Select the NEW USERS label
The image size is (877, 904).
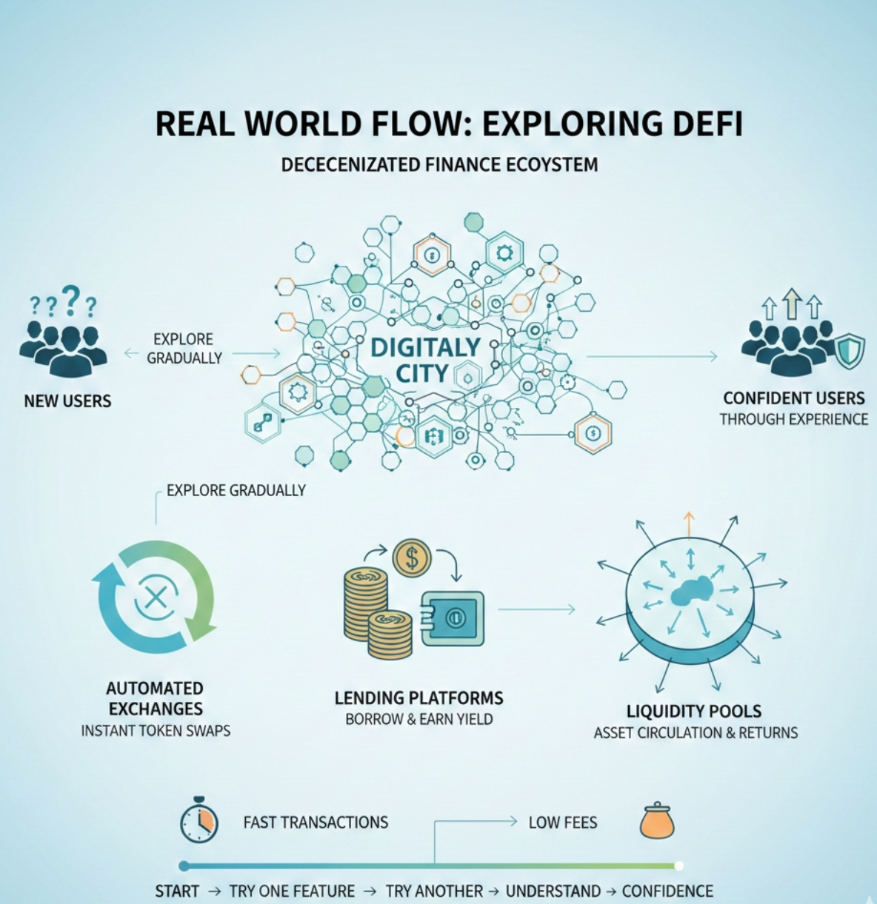coord(67,401)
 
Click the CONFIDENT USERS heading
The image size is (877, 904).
coord(794,398)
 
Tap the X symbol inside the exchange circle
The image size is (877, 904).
coord(155,597)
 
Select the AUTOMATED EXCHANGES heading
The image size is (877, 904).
coord(154,698)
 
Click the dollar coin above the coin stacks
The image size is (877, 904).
coord(413,558)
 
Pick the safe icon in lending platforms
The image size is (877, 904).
coord(451,618)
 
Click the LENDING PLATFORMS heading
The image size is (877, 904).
coord(419,697)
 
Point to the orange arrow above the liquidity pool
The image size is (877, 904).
coord(690,523)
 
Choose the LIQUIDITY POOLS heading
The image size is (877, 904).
coord(694,712)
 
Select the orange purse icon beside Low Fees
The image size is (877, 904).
coord(657,821)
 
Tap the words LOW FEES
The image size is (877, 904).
coord(562,823)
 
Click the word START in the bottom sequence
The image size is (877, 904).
coord(177,891)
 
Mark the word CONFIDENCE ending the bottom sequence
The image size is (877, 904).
coord(667,891)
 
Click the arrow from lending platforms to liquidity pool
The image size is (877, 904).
coord(536,609)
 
